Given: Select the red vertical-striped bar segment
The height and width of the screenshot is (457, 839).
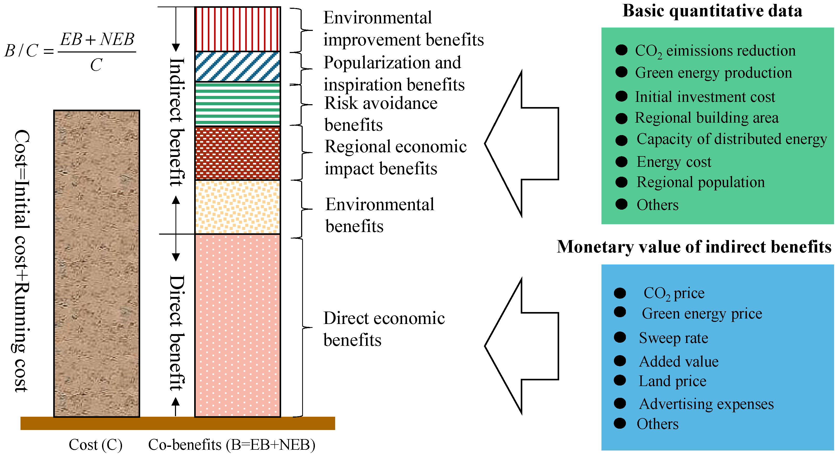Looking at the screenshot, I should point(237,29).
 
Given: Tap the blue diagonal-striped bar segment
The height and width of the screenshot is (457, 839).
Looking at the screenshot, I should point(237,67).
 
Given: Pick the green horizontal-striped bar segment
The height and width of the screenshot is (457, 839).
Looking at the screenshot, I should point(237,104).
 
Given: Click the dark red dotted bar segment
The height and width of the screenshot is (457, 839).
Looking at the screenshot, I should point(237,153).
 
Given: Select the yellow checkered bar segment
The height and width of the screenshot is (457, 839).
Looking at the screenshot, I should point(237,207).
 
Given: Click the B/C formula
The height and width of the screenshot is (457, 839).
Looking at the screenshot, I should point(70,51).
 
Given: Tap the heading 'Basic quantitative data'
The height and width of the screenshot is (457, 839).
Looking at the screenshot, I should point(712,11).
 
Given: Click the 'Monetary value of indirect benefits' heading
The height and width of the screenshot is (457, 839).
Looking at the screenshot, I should point(694,247).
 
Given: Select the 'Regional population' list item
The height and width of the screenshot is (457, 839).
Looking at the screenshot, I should point(700,182).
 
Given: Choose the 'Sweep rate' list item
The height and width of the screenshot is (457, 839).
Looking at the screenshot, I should point(673,338).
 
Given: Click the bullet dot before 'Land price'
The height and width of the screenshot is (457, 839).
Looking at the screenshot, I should point(620,380).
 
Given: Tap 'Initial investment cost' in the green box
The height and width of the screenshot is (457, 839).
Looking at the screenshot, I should point(705,97).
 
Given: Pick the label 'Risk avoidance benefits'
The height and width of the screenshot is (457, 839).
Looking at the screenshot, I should point(380,114).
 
